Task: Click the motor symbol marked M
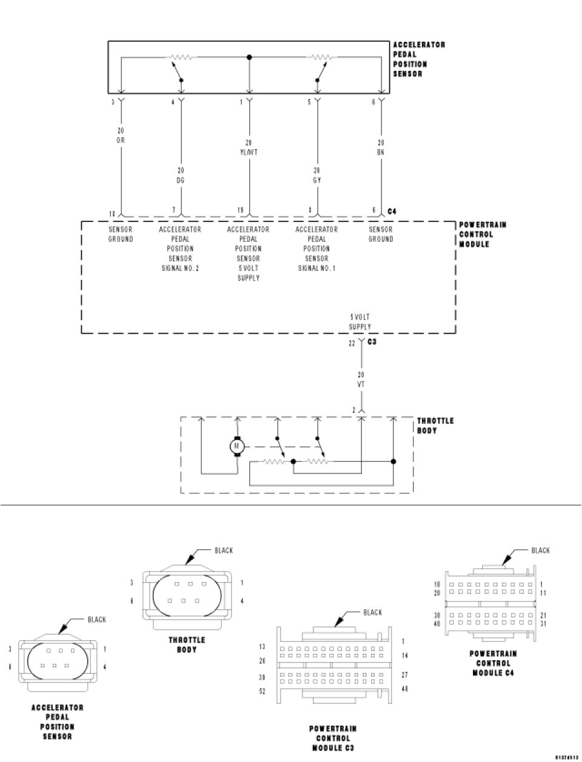[x=237, y=447]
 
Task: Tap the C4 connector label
[x=392, y=211]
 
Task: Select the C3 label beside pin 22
[x=373, y=343]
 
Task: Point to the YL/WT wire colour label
[x=249, y=152]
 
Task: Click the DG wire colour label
[x=181, y=180]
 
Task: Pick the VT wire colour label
[x=361, y=384]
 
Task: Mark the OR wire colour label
[x=121, y=140]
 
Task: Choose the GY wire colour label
[x=317, y=180]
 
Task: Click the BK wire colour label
[x=381, y=152]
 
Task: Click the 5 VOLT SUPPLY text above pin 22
[x=360, y=322]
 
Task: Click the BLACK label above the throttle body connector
[x=224, y=550]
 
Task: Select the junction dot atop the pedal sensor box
[x=249, y=57]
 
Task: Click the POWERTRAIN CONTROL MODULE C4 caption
[x=493, y=663]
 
